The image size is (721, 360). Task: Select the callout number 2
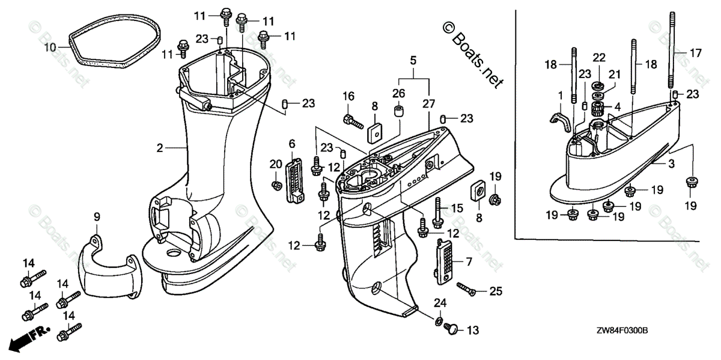click(160, 147)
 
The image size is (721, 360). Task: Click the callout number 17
click(695, 53)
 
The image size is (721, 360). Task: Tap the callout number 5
click(413, 60)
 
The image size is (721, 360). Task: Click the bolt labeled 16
click(353, 120)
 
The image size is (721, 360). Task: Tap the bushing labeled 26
click(397, 112)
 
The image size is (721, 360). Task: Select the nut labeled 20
click(276, 183)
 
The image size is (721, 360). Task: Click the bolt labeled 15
click(438, 211)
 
